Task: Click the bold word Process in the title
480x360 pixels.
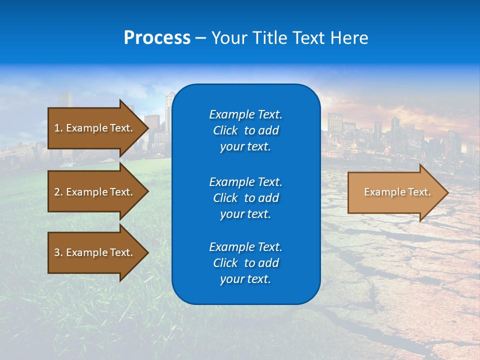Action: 157,38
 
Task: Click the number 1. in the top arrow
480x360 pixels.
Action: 58,128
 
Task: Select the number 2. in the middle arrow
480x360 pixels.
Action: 58,192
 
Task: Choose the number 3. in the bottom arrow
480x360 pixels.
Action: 58,252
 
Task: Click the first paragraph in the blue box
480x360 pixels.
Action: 245,130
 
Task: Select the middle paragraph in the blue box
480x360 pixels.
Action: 245,198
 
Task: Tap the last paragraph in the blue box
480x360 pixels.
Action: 245,263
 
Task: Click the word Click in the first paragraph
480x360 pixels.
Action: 225,130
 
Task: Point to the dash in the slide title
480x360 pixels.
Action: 200,38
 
